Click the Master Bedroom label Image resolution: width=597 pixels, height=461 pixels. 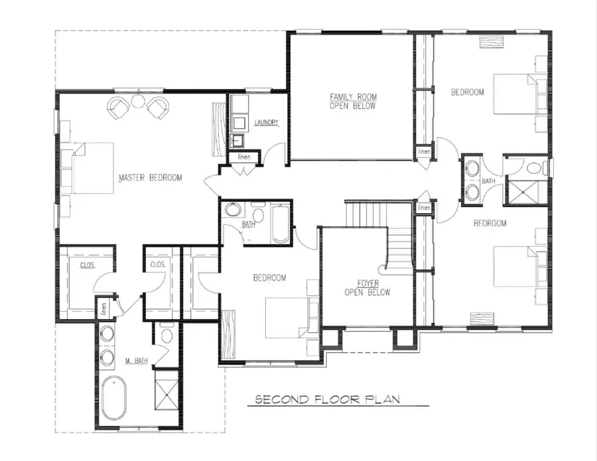coord(150,178)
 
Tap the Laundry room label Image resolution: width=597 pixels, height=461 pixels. coord(266,123)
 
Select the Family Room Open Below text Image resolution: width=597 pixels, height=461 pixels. coord(353,101)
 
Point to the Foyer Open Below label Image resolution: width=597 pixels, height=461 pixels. coord(367,288)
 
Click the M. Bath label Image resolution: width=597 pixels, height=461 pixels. coord(135,362)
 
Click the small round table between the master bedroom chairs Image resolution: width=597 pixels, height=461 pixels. coord(138,101)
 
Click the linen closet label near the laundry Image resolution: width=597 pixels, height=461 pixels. coord(243,157)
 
